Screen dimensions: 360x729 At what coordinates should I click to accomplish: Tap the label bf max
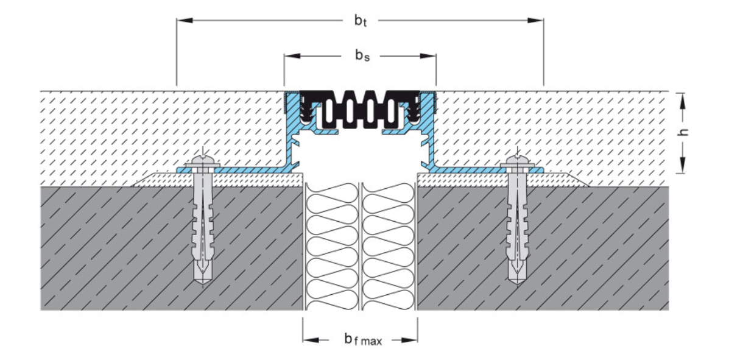click(363, 339)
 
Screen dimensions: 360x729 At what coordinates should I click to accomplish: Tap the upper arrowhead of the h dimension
click(683, 98)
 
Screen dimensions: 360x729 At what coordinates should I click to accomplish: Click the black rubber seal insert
click(360, 110)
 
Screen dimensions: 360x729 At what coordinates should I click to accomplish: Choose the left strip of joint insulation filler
click(332, 244)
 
